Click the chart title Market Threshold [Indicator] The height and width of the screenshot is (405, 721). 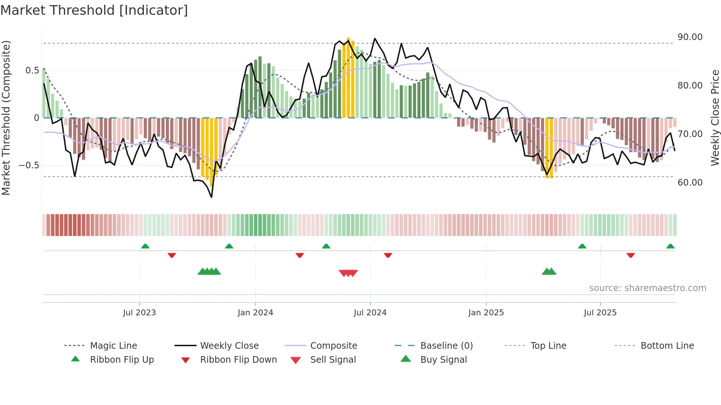point(94,10)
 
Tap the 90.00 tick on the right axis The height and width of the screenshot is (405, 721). point(690,37)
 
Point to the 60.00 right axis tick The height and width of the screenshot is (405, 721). point(690,183)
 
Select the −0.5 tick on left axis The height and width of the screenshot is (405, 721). point(29,165)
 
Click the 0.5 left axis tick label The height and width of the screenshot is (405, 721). point(32,71)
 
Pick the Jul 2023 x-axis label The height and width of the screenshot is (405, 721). point(139,313)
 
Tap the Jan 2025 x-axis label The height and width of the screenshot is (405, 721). point(486,313)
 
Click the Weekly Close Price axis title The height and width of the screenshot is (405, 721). point(715,118)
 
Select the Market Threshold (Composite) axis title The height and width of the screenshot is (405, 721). point(6,118)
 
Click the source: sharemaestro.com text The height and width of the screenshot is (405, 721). point(647,288)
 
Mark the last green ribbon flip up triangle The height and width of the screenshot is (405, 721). point(670,246)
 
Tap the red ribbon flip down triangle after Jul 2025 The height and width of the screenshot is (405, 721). point(631,255)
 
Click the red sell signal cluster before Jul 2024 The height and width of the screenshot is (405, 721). point(348,273)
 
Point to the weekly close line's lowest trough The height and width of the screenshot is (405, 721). point(212,197)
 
